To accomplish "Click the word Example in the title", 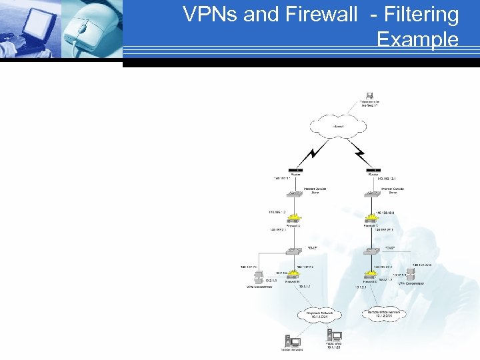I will (417, 39).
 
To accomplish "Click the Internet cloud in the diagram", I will (339, 126).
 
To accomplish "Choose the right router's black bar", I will (374, 171).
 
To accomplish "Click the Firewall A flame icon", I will (291, 219).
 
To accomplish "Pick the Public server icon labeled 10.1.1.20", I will (332, 337).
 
